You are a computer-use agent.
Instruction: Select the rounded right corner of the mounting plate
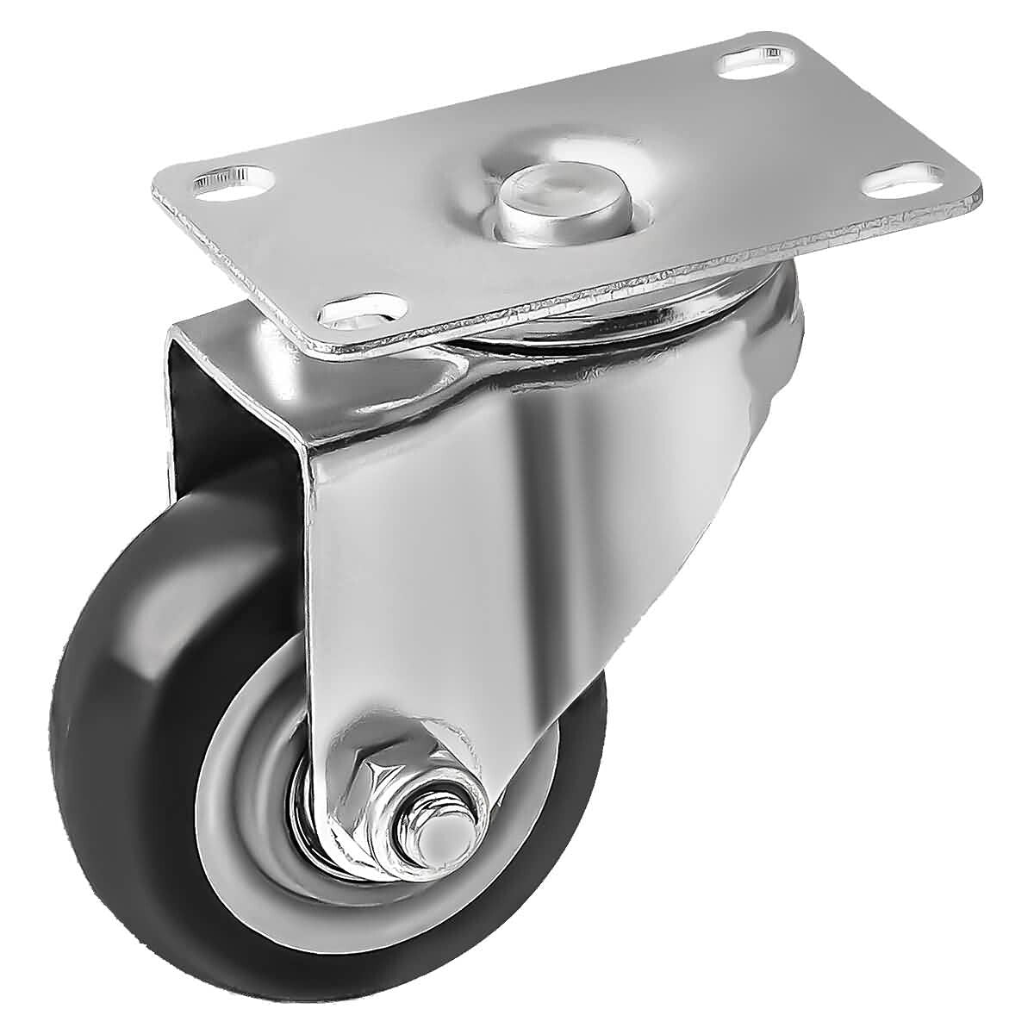(974, 193)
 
